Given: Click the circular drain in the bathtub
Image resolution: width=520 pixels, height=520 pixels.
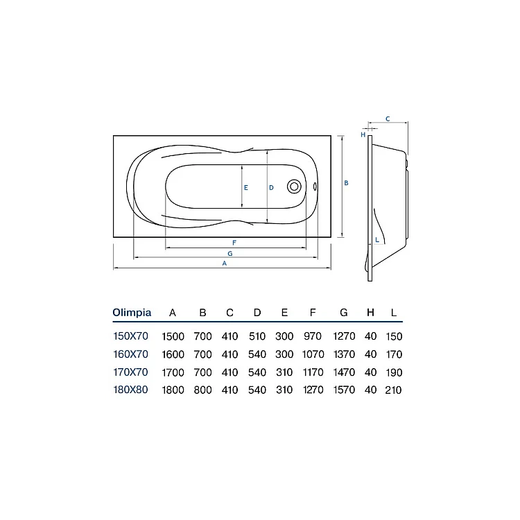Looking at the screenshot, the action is [294, 187].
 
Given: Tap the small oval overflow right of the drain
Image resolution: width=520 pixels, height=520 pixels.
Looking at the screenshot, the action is [315, 187].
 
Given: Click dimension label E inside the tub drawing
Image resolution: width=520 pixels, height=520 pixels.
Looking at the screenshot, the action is [245, 188].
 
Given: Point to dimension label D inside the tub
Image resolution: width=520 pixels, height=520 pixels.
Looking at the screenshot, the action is [271, 188].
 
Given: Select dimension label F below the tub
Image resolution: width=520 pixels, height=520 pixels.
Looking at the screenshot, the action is [234, 243].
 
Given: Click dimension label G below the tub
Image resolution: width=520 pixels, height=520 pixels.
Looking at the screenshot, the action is [229, 254].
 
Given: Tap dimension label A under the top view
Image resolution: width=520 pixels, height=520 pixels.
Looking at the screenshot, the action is [225, 263].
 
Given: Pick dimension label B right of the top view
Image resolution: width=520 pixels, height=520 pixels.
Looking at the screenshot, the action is [346, 183].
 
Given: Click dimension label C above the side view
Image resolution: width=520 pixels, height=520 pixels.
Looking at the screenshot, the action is [388, 119].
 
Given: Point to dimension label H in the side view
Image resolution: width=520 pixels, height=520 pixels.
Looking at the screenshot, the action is [363, 135].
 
